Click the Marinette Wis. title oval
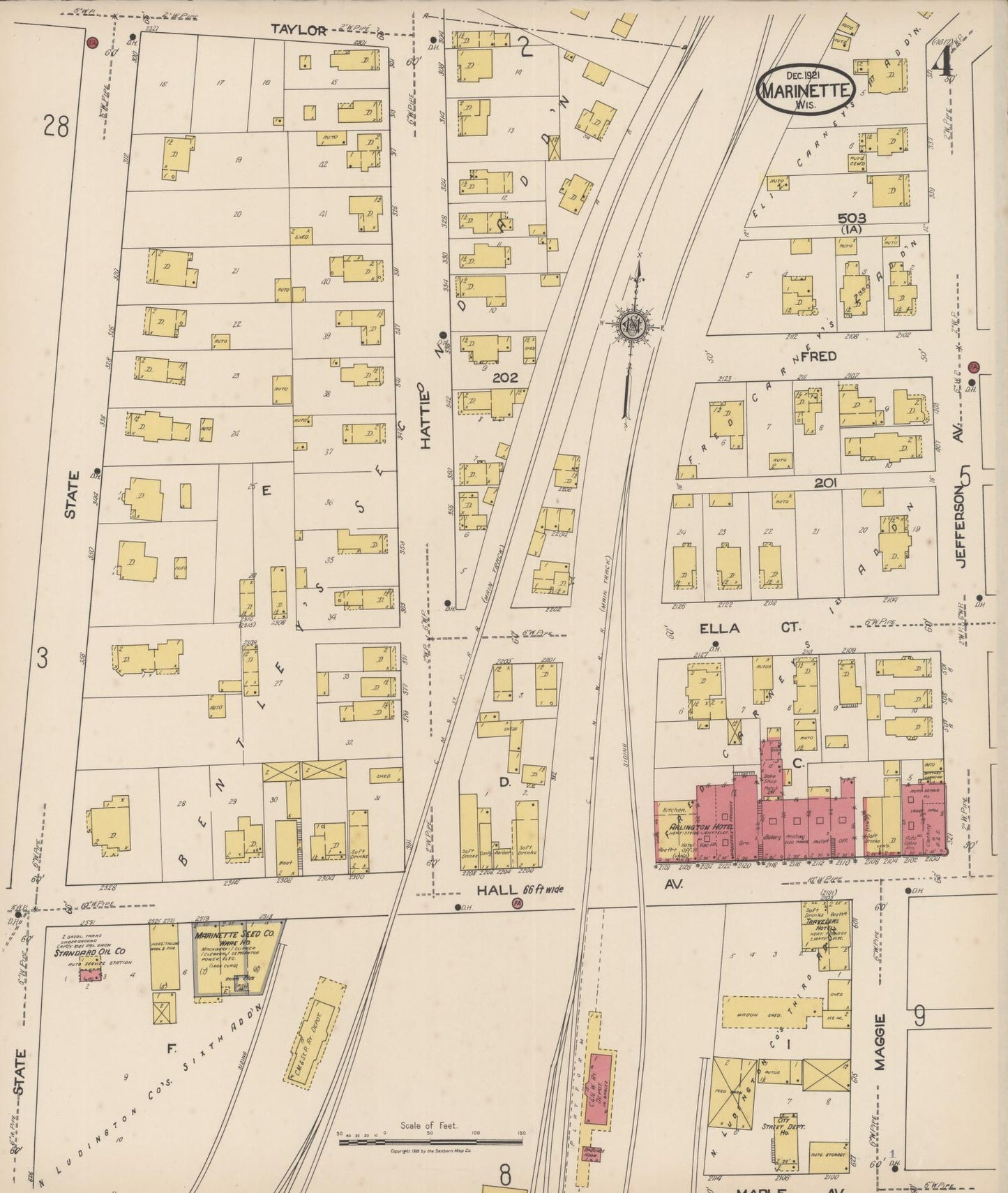coord(806,89)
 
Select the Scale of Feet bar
coord(430,1141)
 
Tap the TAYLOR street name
coord(299,29)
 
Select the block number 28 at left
coord(56,126)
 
